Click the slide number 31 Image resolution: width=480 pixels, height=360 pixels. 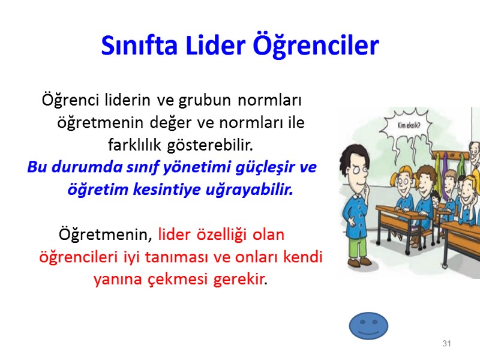[x=446, y=344]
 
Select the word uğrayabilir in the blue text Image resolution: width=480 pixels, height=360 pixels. [x=258, y=190]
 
